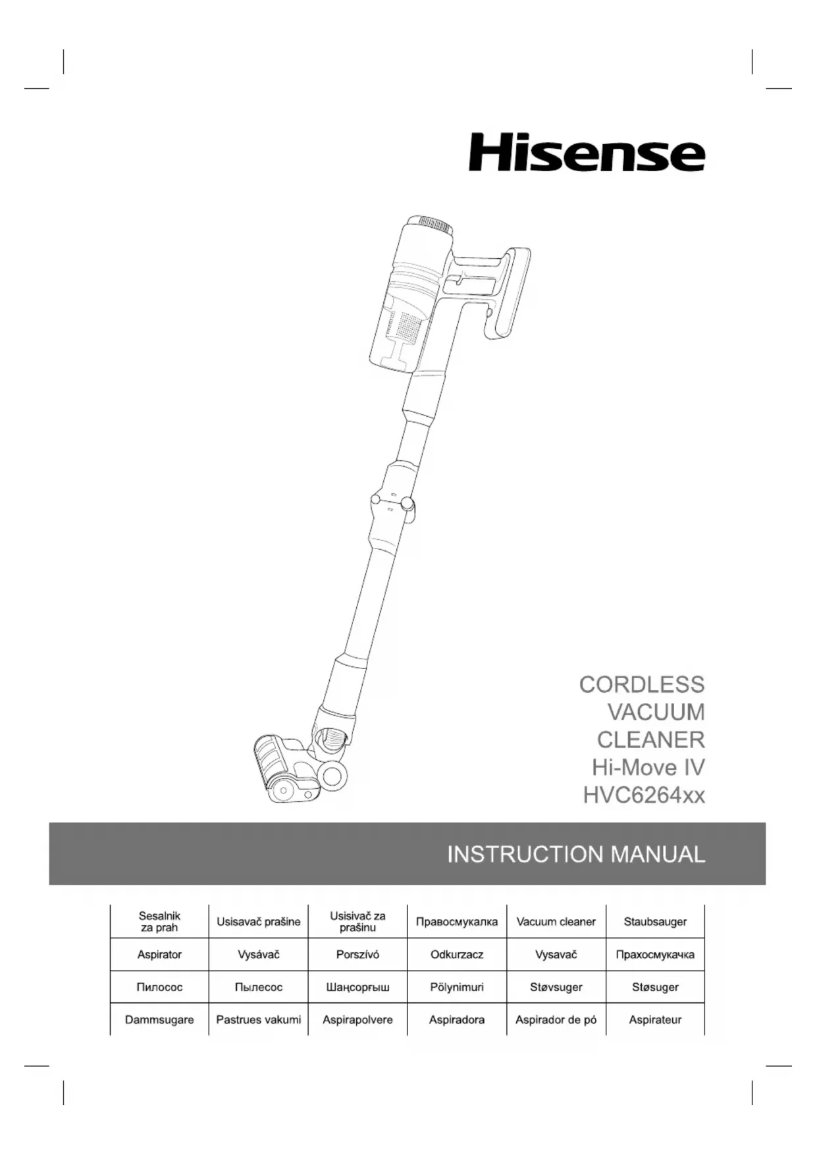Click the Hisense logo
click(587, 153)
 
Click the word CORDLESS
click(641, 685)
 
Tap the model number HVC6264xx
click(643, 795)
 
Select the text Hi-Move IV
click(648, 768)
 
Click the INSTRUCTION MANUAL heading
click(575, 854)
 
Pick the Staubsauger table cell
click(655, 922)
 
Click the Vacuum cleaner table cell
click(556, 922)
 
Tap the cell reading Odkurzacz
click(457, 954)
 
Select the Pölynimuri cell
click(457, 987)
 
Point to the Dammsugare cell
click(159, 1019)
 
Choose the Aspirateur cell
click(655, 1019)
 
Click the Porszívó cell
click(357, 954)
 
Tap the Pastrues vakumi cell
click(258, 1019)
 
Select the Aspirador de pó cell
click(556, 1019)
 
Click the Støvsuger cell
click(556, 987)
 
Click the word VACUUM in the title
click(656, 712)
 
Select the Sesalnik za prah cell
click(159, 922)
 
